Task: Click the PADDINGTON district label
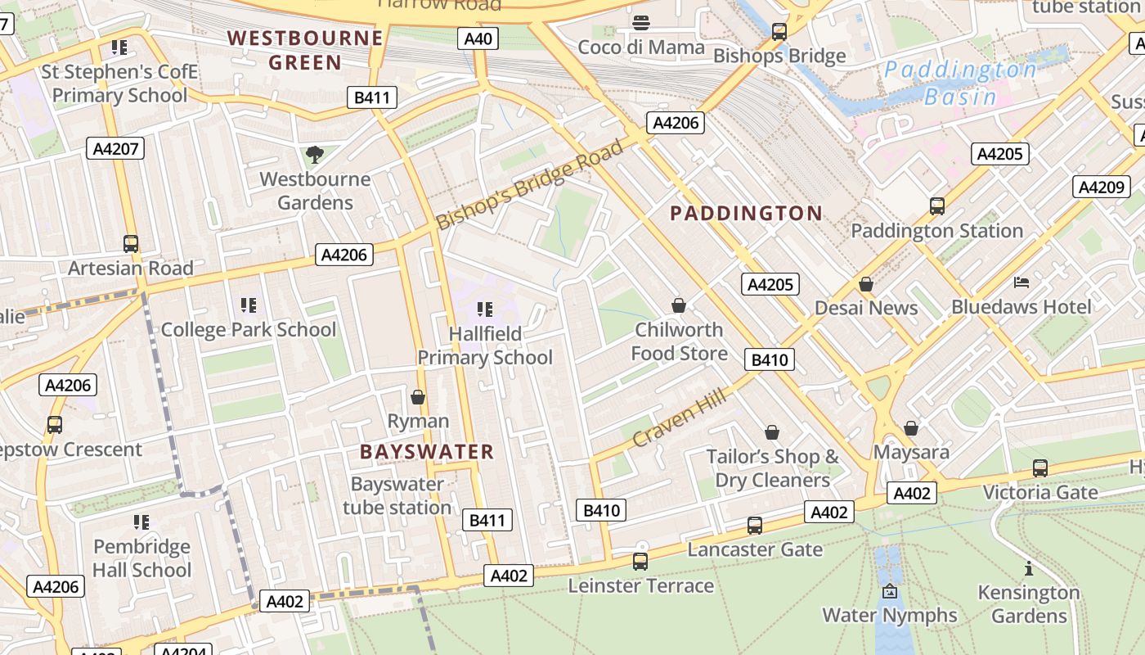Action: coord(746,214)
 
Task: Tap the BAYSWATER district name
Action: coord(427,452)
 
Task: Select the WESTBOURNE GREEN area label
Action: coord(305,50)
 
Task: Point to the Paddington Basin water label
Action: coord(960,84)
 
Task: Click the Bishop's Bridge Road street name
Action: coord(529,185)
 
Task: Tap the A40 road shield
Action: coord(478,38)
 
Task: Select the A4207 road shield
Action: coord(115,148)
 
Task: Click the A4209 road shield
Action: coord(1101,187)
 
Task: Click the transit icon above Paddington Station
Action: coord(937,206)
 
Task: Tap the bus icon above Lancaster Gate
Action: coord(755,525)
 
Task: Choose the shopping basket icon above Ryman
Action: coord(418,397)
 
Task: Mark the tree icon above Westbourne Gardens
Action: coord(314,155)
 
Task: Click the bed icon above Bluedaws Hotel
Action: coord(1022,282)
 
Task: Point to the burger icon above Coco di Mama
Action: coord(641,23)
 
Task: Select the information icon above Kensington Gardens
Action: coord(1028,568)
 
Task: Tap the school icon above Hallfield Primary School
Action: coord(485,309)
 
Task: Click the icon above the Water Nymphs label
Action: coord(890,591)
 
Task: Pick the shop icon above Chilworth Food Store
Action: coord(678,305)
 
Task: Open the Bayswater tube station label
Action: coord(397,495)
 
